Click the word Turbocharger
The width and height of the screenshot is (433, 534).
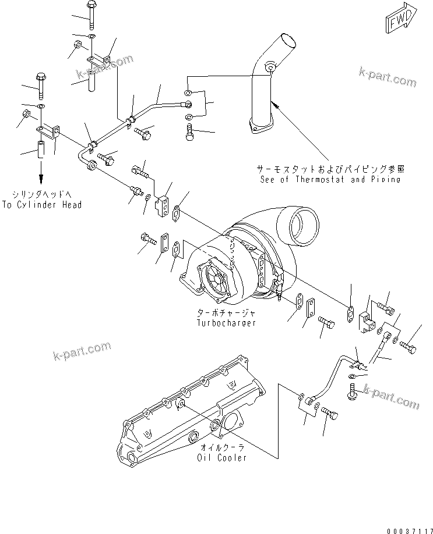226,323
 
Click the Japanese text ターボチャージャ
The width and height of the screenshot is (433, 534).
226,313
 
